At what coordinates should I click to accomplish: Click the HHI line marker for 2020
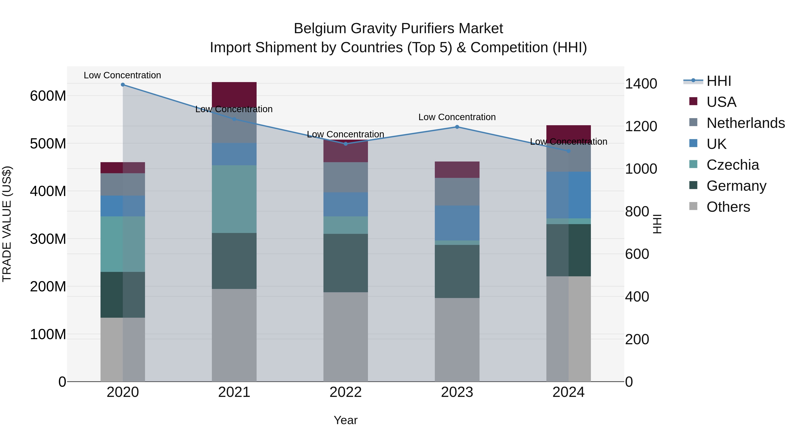123,85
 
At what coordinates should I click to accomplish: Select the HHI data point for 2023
457,127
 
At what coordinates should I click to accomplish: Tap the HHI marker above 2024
568,151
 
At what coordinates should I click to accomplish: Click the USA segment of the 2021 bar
234,94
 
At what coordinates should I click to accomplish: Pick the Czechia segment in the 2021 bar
234,199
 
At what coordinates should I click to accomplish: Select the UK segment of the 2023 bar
457,223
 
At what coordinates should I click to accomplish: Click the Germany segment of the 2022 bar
346,263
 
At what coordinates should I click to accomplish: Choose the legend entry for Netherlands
746,123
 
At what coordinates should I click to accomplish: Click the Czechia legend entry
733,165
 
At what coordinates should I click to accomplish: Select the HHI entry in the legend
719,81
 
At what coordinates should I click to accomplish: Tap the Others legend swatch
693,206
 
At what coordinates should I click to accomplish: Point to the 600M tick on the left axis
48,96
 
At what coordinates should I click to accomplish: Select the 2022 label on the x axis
346,392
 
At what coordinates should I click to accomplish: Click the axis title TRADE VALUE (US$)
7,224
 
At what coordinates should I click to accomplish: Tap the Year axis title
346,420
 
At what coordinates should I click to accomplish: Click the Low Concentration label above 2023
457,117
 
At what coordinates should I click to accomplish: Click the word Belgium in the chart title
320,29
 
